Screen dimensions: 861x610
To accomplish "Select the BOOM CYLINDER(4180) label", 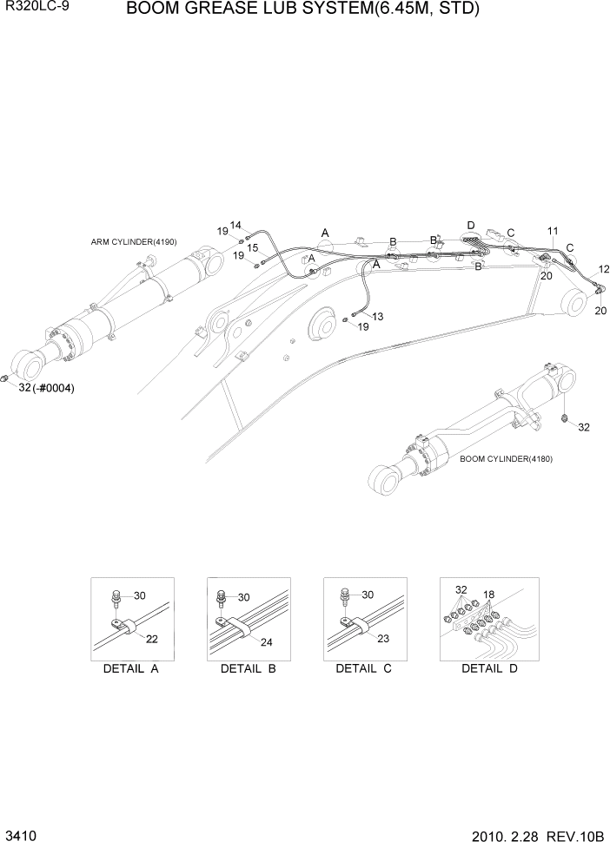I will (x=506, y=458).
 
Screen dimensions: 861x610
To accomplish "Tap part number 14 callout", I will (x=235, y=225).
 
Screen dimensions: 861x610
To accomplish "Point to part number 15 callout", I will (x=252, y=248).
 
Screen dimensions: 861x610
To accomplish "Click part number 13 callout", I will (x=377, y=316).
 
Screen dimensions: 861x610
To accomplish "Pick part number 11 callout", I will (x=553, y=231).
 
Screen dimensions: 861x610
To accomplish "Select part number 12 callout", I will (x=604, y=270).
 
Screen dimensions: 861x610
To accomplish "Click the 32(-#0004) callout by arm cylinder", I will (x=46, y=388).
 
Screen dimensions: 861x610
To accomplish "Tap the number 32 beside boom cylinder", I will (x=583, y=427).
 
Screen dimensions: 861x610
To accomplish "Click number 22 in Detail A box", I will (x=151, y=639).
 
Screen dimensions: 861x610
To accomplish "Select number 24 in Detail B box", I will (x=266, y=643).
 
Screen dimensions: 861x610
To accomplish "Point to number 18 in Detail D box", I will (x=488, y=595).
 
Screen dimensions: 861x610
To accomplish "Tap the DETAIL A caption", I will (x=131, y=668).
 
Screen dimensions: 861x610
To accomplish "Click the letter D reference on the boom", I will (x=471, y=225).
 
